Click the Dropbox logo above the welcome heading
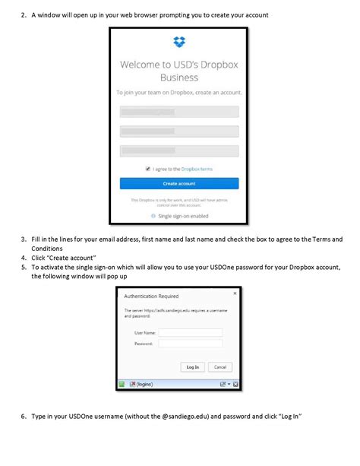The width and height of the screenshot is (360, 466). coord(179,43)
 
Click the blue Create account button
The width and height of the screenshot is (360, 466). coord(179,183)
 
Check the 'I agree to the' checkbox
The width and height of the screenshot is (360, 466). coord(148,169)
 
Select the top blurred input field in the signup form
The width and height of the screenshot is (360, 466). coord(179,112)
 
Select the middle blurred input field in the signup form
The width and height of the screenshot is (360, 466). coord(179,132)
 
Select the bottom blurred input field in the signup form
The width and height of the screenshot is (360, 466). coord(179,151)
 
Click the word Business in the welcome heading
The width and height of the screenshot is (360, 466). coord(179,77)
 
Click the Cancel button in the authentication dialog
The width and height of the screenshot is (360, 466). coord(219,366)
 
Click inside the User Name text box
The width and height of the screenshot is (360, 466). coord(190,332)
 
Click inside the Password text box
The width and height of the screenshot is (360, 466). coord(190,344)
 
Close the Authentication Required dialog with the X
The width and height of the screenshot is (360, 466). coord(235,292)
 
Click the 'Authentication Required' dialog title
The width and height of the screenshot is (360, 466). coord(150,295)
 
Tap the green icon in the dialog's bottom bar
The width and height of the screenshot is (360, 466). coord(121,385)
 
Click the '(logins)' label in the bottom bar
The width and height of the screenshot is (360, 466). coord(144,385)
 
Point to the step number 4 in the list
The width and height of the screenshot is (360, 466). coord(24,258)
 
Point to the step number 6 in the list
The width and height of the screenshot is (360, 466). coord(24,417)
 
